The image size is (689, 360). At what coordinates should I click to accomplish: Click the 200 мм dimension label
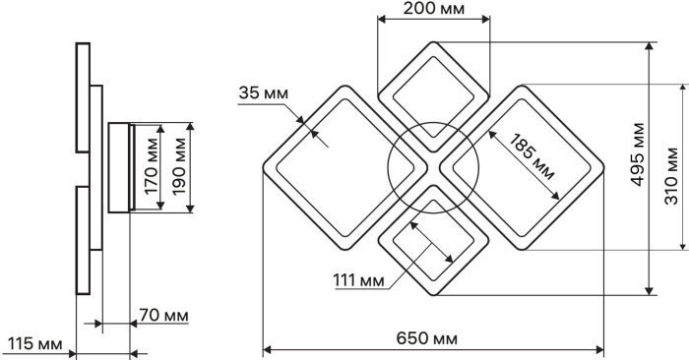pyautogui.click(x=433, y=8)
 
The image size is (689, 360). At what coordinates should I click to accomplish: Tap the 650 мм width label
pyautogui.click(x=426, y=338)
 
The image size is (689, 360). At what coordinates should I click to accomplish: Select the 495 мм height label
pyautogui.click(x=638, y=154)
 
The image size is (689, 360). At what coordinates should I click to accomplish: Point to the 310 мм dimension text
pyautogui.click(x=671, y=176)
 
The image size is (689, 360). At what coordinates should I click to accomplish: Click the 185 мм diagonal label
pyautogui.click(x=532, y=156)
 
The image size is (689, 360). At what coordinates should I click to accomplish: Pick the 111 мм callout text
pyautogui.click(x=358, y=280)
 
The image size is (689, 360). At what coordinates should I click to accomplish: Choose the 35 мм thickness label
pyautogui.click(x=264, y=93)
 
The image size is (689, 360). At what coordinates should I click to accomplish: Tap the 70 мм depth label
pyautogui.click(x=164, y=315)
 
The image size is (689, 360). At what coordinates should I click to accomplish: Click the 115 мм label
pyautogui.click(x=35, y=343)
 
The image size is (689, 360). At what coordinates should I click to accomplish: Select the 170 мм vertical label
pyautogui.click(x=152, y=166)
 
